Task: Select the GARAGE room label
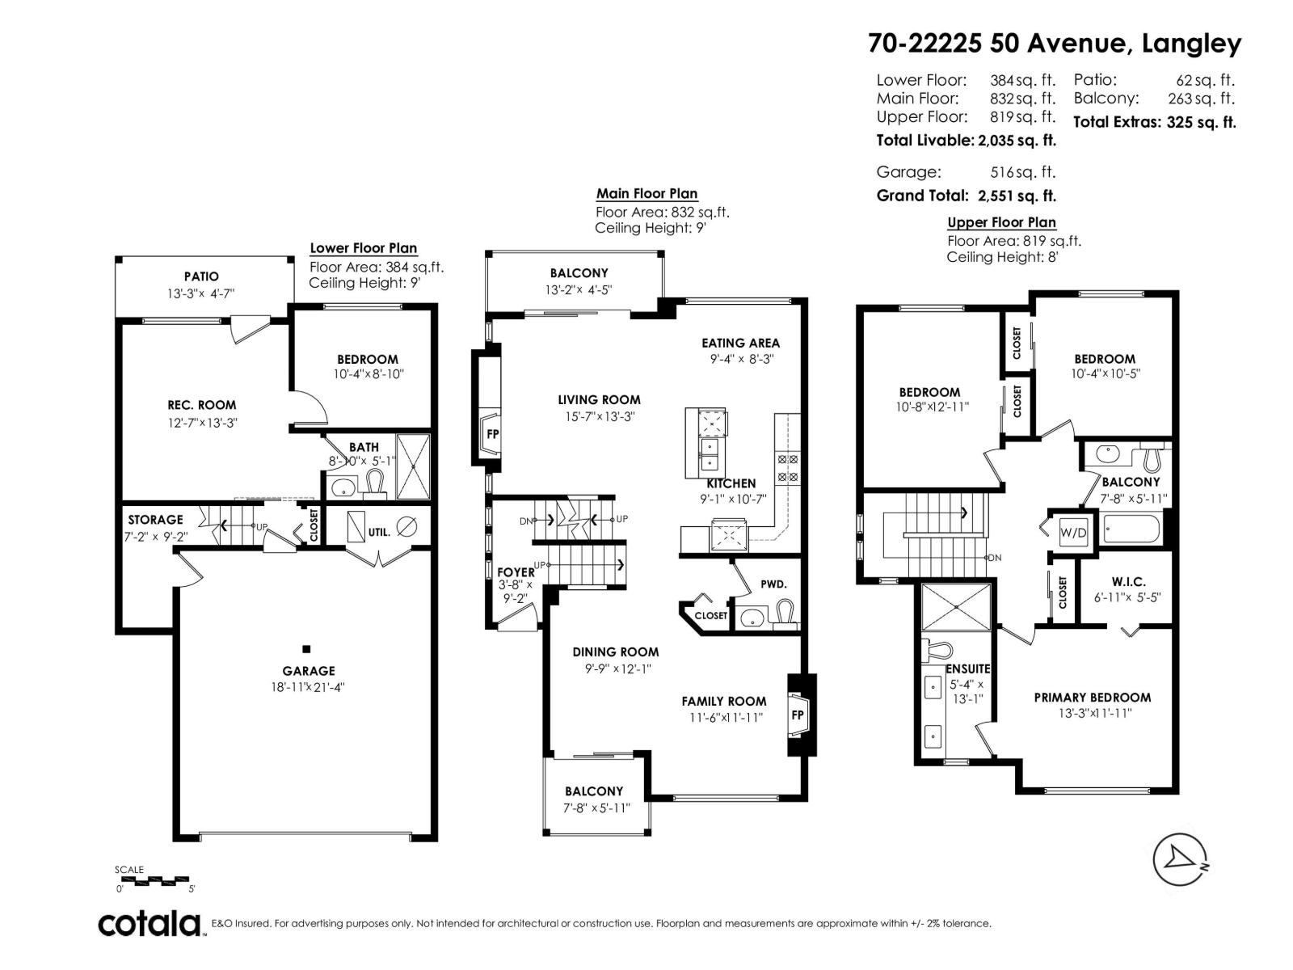coord(308,671)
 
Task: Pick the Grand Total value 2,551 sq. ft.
coord(1017,196)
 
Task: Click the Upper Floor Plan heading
coord(1001,222)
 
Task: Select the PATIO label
coord(201,276)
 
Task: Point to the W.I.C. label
coord(1128,582)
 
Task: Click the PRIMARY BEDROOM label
coord(1092,698)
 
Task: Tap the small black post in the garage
coord(306,649)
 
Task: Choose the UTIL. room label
coord(379,533)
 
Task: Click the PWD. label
coord(773,584)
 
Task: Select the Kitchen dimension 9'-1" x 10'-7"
coord(733,499)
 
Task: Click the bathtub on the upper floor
coord(1132,529)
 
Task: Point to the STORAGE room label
coord(155,520)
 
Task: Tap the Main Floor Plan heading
coord(646,194)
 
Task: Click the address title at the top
coord(1055,44)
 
